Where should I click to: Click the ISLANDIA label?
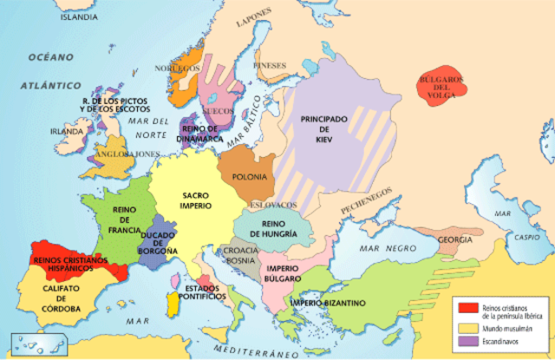point(79,16)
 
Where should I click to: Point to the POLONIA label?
point(250,177)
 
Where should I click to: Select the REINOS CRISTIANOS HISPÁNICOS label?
point(69,264)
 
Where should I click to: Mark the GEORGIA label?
point(455,239)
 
